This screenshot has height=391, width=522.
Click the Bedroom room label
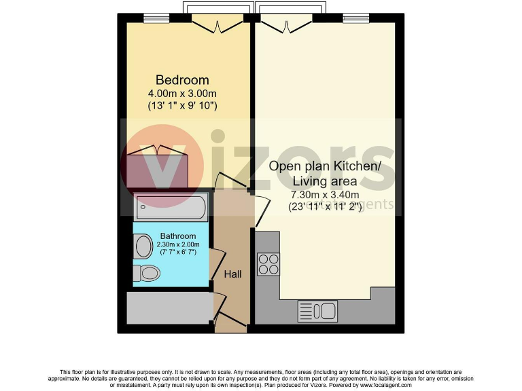(x=182, y=80)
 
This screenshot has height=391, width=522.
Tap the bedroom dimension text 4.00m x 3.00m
(x=182, y=93)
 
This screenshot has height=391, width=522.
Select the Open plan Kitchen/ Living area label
(x=325, y=174)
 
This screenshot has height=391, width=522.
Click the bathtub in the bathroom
(x=171, y=206)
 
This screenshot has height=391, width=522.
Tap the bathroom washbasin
(x=143, y=246)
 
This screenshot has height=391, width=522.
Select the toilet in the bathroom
(x=146, y=274)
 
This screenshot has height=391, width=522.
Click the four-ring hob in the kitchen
(x=268, y=263)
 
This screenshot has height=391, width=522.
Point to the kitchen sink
(x=317, y=312)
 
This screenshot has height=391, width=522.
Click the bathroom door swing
(x=217, y=261)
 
